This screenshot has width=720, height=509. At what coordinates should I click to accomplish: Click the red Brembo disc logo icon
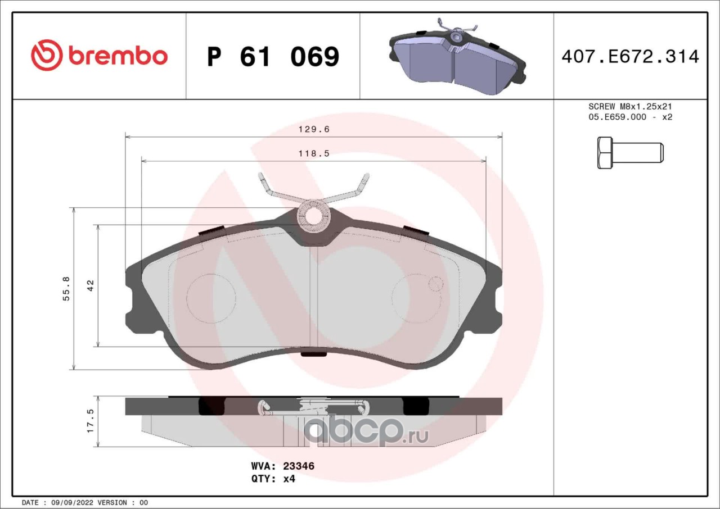(x=46, y=55)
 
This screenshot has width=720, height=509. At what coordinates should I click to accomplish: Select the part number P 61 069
(x=273, y=57)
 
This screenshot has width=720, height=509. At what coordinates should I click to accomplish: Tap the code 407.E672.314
(x=631, y=57)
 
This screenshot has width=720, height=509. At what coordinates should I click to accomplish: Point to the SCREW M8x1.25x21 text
(x=630, y=106)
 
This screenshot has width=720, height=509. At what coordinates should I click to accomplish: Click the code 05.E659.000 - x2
(x=630, y=117)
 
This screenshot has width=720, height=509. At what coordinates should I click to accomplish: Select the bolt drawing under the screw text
(x=631, y=153)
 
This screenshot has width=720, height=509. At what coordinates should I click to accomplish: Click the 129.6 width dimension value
(x=314, y=129)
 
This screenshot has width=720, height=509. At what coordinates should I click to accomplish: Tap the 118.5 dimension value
(x=314, y=153)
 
